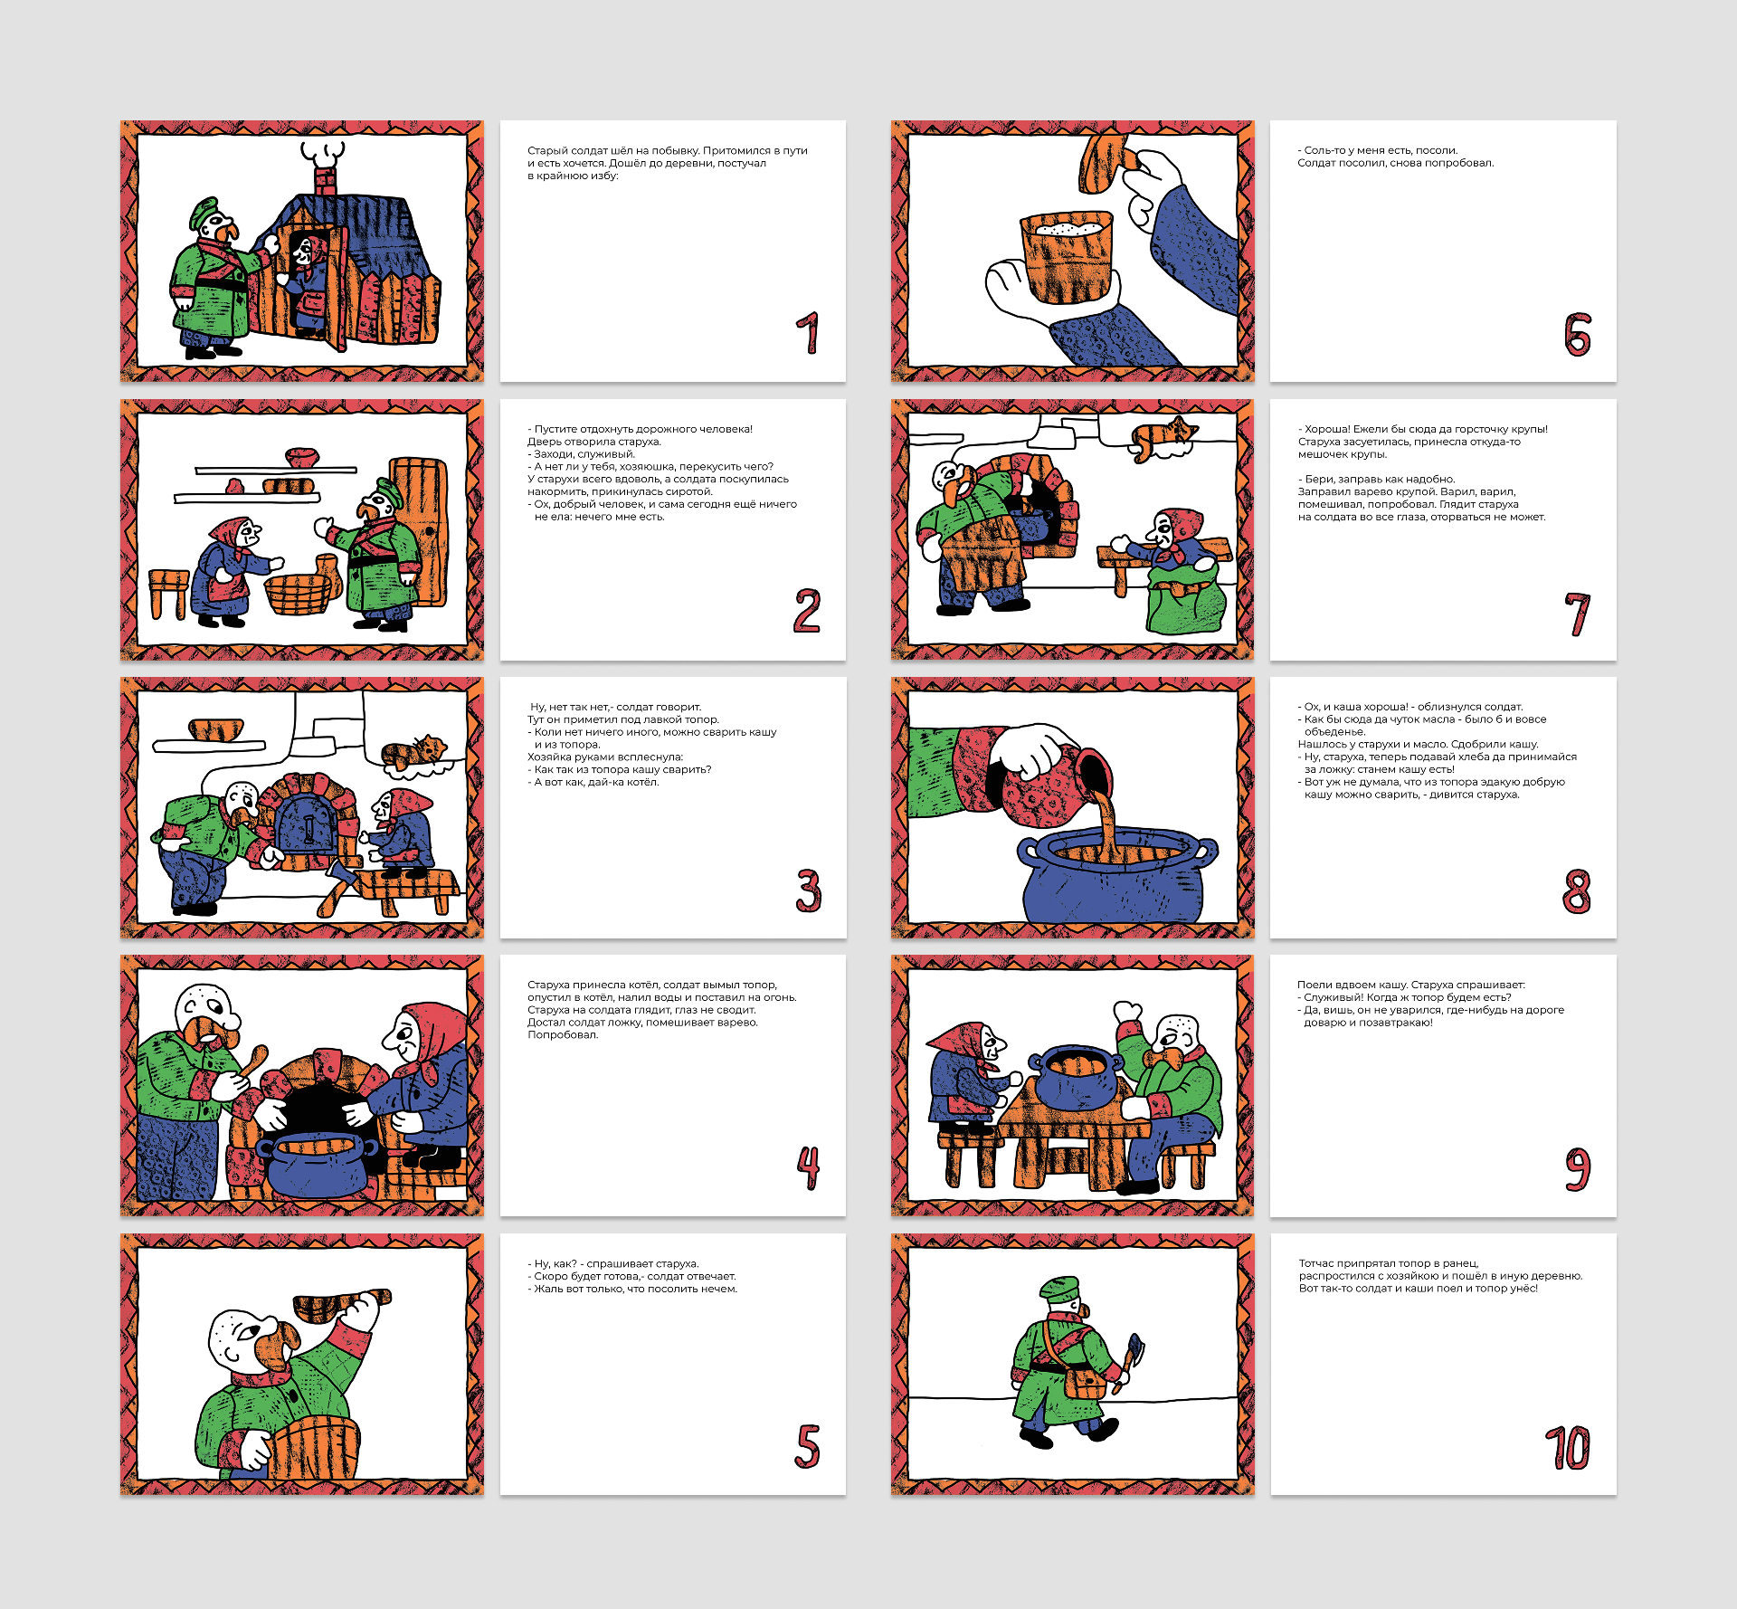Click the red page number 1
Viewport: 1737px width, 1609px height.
pos(809,333)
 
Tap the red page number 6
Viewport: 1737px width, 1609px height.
pos(1578,335)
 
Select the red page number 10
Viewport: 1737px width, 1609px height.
pos(1568,1448)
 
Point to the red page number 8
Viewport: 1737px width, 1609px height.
pos(1577,891)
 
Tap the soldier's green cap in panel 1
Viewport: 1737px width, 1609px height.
pos(205,213)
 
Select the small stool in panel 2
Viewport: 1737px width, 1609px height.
pos(168,594)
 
